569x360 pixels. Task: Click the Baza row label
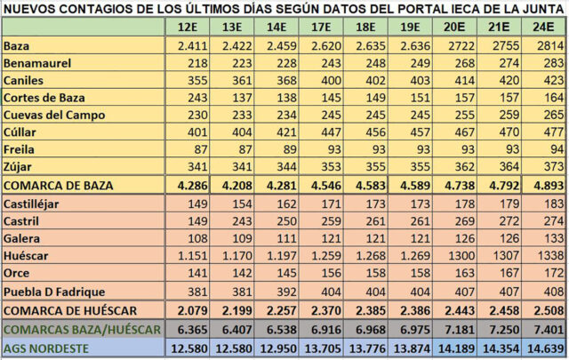tap(17, 46)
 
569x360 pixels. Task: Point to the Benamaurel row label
tap(37, 63)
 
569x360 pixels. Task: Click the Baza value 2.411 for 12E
tap(193, 46)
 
